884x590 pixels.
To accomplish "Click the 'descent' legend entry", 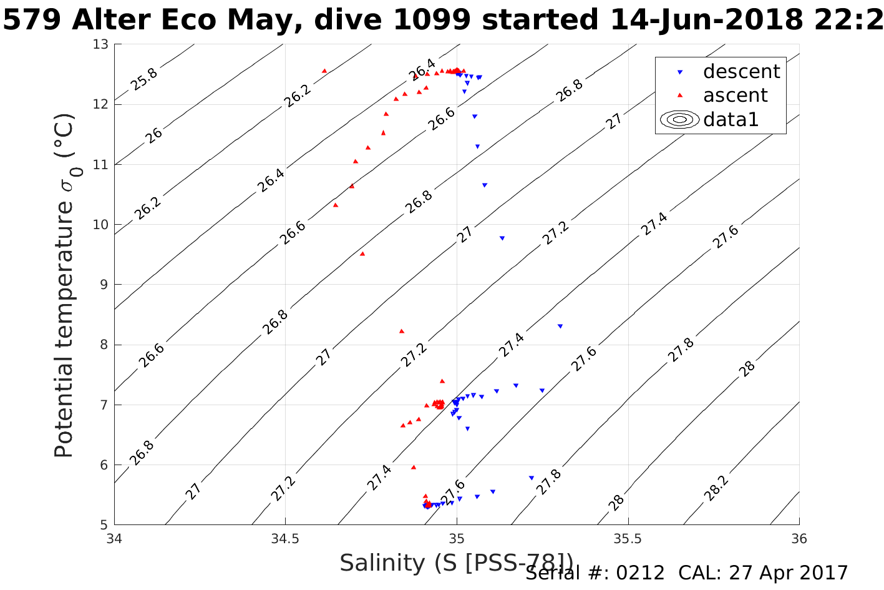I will (741, 72).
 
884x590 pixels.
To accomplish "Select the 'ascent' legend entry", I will (735, 96).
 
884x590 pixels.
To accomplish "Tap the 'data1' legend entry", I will (731, 119).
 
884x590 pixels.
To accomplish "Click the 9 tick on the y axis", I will (104, 285).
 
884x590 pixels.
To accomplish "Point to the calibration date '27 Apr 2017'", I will (789, 573).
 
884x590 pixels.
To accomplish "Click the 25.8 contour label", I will (144, 79).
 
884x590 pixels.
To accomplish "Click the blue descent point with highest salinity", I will (560, 326).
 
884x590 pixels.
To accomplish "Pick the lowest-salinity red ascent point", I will (324, 71).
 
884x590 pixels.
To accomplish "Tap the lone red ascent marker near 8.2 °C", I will (402, 331).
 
